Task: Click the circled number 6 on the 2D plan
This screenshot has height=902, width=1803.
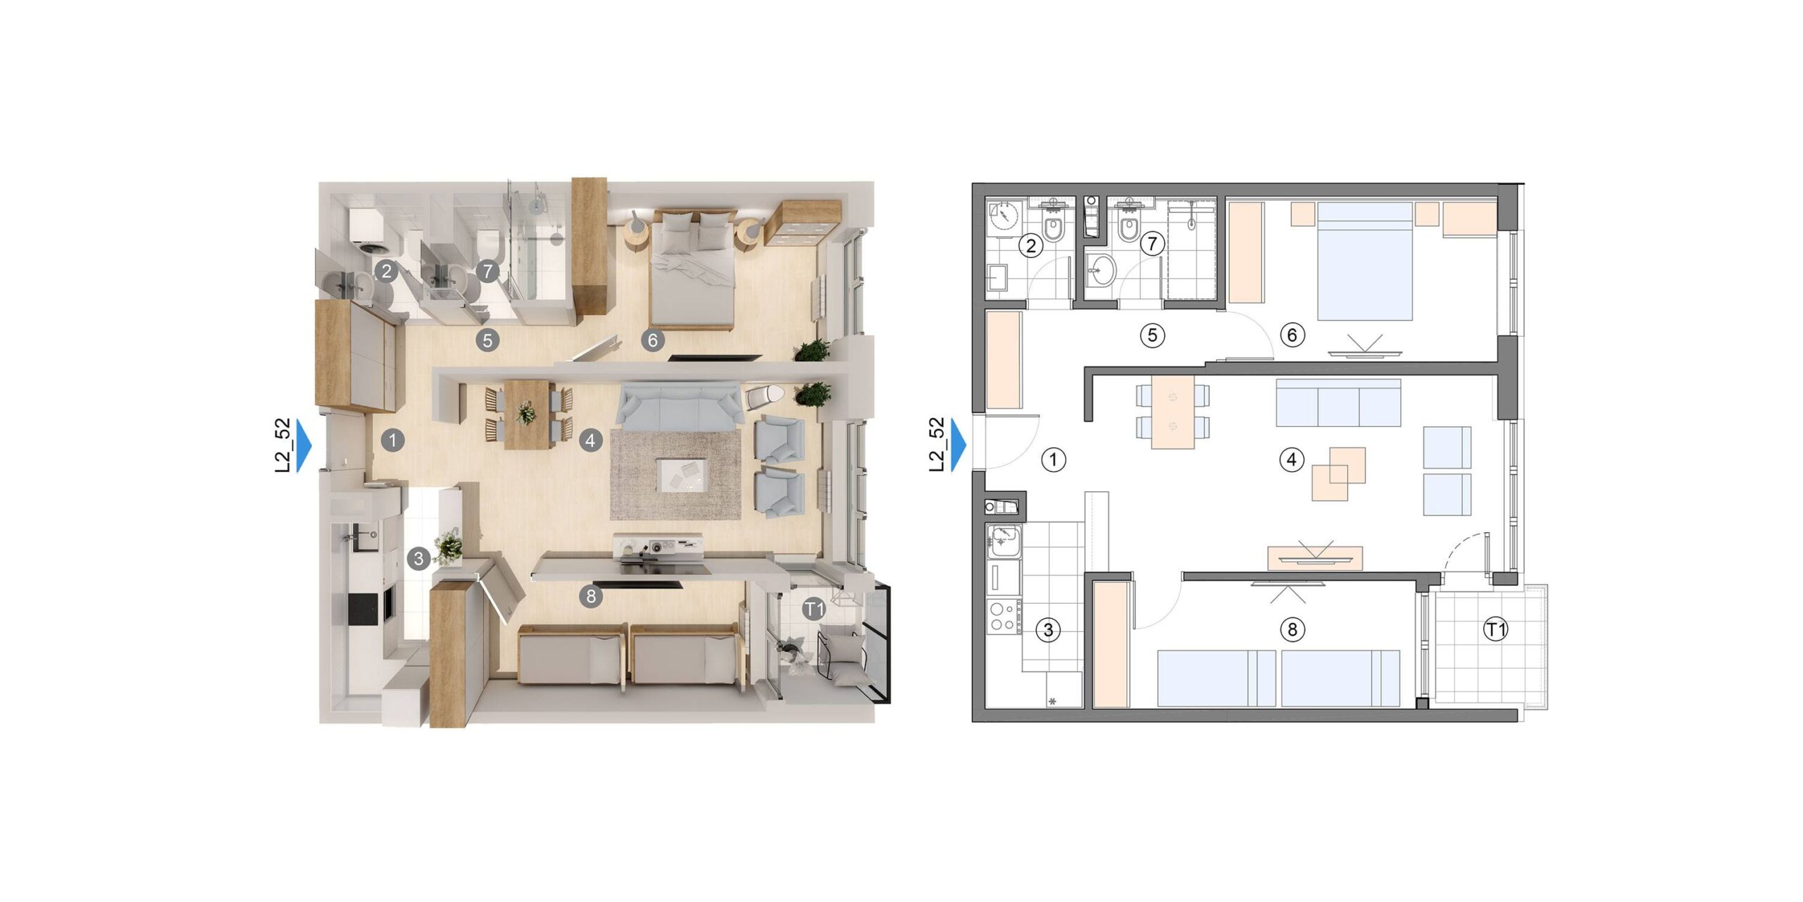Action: click(1292, 335)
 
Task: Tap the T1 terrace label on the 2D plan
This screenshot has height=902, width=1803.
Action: click(1495, 629)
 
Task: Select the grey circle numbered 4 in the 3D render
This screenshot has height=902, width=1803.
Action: click(590, 441)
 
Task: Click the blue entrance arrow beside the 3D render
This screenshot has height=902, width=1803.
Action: click(304, 445)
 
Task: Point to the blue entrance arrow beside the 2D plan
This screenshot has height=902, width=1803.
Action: click(959, 445)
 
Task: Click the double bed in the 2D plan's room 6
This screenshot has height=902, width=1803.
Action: click(1365, 261)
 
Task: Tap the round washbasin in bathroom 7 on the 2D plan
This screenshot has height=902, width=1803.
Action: click(1101, 269)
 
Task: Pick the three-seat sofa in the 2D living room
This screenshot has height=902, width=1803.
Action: click(1338, 402)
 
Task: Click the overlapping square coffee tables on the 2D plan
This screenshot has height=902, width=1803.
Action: click(1338, 474)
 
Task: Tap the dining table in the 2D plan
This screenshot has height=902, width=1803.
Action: click(1173, 412)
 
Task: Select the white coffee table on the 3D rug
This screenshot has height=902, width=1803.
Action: click(681, 475)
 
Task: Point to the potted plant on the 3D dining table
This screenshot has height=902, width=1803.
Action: click(525, 412)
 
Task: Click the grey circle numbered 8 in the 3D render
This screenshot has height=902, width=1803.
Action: click(590, 597)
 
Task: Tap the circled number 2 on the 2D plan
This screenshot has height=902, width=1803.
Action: click(1031, 246)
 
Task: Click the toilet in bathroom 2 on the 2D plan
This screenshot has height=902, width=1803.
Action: click(1054, 225)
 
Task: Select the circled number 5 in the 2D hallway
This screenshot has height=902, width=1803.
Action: click(1152, 335)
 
